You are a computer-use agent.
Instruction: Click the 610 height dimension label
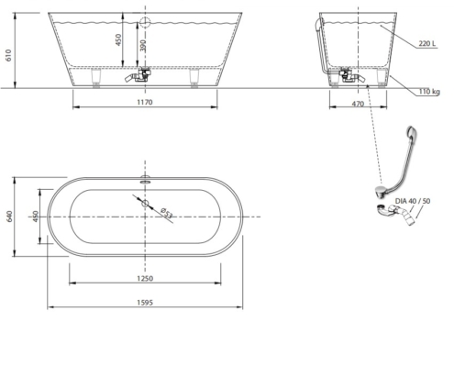(8, 55)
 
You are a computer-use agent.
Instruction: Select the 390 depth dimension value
(144, 46)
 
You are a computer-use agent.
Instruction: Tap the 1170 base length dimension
(145, 102)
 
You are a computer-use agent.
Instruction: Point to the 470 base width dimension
(358, 104)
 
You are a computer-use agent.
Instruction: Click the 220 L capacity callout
(427, 43)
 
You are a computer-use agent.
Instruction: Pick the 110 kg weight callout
(429, 92)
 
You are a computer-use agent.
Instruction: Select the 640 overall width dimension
(9, 217)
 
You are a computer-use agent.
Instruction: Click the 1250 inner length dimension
(145, 278)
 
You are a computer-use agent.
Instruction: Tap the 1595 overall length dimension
(145, 303)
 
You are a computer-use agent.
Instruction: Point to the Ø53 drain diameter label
(167, 213)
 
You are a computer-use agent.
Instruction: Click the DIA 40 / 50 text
(413, 201)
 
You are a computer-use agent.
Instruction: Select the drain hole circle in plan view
(145, 203)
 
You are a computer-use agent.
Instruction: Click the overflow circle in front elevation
(145, 22)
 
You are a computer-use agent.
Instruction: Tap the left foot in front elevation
(96, 78)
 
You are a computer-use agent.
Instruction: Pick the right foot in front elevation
(194, 78)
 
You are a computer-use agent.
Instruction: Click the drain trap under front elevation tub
(138, 75)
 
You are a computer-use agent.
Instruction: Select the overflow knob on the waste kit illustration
(412, 132)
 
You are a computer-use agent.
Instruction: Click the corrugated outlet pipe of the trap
(405, 216)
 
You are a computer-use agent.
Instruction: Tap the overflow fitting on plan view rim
(145, 179)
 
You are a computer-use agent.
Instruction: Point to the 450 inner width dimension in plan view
(36, 217)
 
